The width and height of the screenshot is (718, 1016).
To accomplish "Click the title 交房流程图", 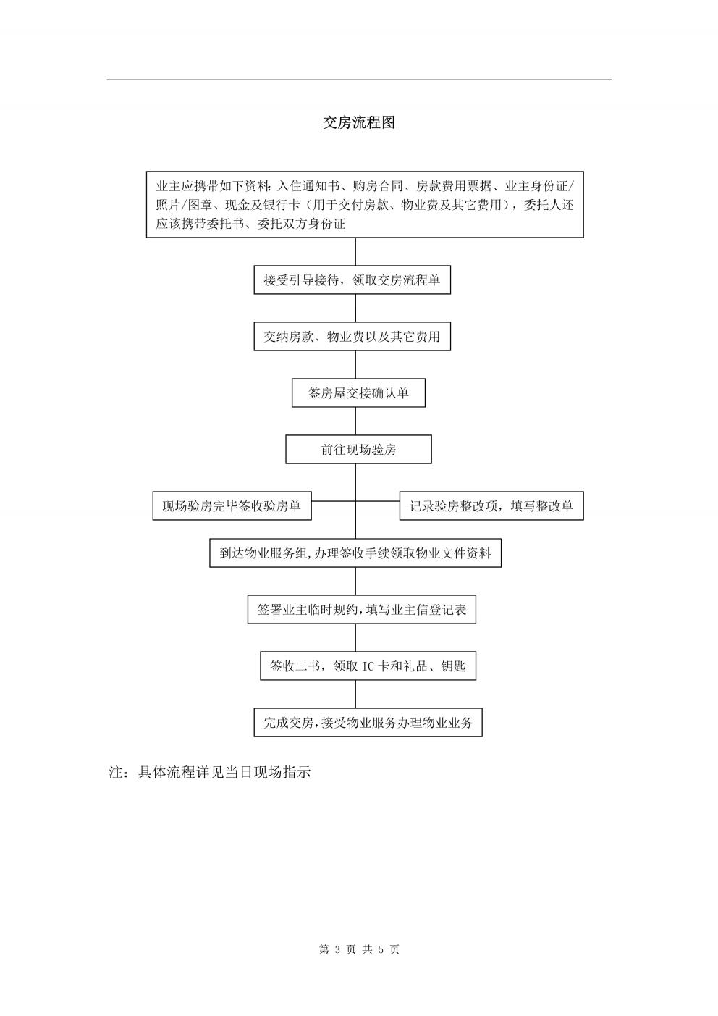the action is tap(359, 122).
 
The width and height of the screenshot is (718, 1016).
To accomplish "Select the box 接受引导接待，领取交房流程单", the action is tap(352, 280).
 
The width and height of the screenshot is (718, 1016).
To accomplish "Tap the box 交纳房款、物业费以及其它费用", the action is tap(352, 337).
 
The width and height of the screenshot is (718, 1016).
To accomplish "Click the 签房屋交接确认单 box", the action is tap(358, 392).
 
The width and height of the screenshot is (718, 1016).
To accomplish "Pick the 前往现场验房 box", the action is tap(358, 450).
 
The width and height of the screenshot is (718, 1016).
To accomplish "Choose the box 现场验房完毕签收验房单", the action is tap(232, 505).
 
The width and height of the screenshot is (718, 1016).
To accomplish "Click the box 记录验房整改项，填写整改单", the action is tap(491, 505).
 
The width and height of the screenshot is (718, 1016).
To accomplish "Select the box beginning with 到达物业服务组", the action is tap(355, 553).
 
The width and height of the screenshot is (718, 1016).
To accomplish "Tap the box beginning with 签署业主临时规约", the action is tap(362, 610).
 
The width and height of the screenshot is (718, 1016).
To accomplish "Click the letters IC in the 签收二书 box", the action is tap(368, 666).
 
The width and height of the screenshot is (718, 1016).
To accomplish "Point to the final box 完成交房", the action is tap(368, 723).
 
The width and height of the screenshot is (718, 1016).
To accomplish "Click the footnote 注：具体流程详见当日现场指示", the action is tap(209, 772).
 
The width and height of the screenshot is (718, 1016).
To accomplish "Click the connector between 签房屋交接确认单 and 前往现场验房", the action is tap(355, 421).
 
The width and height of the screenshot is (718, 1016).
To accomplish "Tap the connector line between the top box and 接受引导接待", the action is tap(355, 252).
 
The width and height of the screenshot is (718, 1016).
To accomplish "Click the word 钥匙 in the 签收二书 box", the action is tap(453, 666).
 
